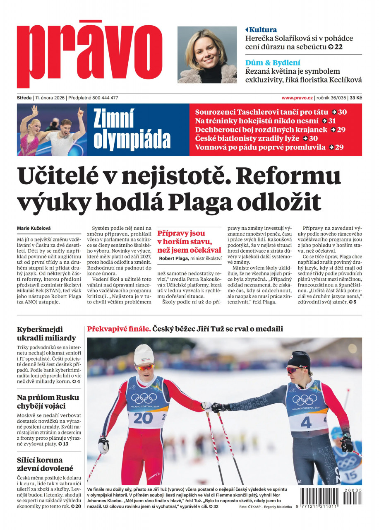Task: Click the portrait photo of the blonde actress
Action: tap(207, 55)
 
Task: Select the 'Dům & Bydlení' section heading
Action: tap(273, 63)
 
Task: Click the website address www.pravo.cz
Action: tap(297, 98)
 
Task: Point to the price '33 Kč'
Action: tap(356, 98)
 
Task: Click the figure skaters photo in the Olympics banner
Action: tap(52, 130)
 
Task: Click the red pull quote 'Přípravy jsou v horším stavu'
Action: tap(189, 242)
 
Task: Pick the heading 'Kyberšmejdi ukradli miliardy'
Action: tap(46, 334)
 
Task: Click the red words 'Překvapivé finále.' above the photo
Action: tap(118, 329)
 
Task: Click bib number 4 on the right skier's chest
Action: tap(306, 422)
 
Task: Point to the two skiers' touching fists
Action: tap(211, 407)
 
